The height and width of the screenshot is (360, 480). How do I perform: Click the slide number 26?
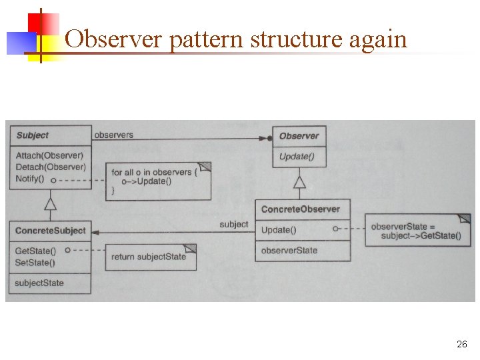461,345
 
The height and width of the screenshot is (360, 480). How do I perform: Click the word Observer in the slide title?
114,39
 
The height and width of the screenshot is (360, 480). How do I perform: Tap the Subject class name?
32,135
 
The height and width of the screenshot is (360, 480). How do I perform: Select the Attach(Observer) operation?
49,156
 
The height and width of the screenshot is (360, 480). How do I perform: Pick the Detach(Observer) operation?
50,167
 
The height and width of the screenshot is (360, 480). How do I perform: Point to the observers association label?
113,135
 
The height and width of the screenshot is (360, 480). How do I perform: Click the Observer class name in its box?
299,136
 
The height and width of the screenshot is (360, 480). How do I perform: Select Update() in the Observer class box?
297,157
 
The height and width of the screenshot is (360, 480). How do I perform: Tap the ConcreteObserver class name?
300,209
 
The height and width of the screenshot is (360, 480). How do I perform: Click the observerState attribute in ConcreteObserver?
289,251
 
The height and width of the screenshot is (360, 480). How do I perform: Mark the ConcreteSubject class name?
51,231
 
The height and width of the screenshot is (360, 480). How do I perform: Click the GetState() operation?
35,251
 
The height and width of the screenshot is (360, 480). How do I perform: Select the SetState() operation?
35,261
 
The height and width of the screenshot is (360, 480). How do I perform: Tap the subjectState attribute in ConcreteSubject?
39,283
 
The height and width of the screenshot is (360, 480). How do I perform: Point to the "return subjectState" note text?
148,257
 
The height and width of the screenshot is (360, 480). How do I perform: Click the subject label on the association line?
233,225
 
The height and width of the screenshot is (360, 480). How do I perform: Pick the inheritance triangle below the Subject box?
50,203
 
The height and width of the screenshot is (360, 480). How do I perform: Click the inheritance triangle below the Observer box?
300,181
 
